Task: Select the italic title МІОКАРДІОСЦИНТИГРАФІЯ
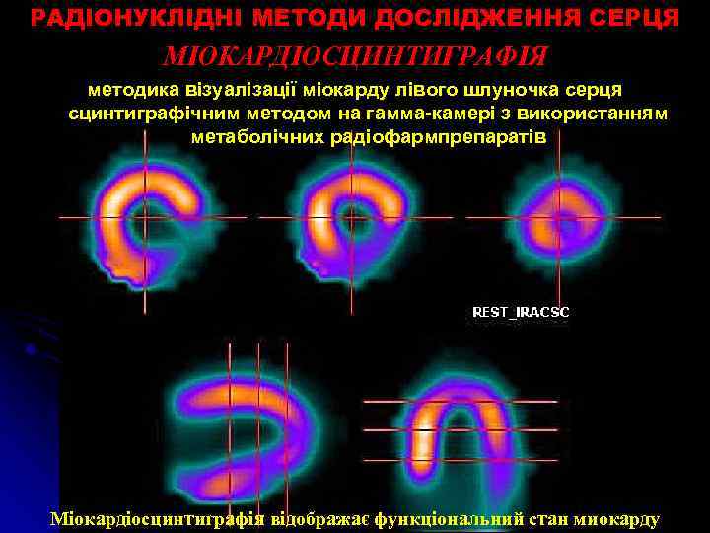354,56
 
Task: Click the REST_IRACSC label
521,312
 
